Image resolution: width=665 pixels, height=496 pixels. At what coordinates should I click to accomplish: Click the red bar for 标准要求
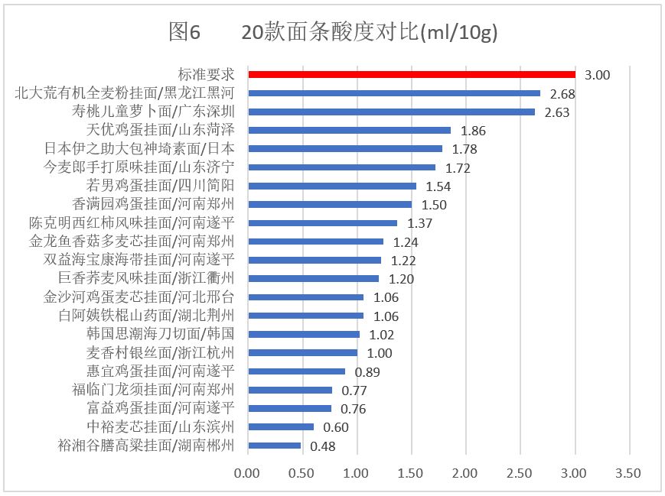click(x=412, y=74)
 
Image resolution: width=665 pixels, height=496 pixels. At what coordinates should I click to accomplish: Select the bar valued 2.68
click(x=394, y=93)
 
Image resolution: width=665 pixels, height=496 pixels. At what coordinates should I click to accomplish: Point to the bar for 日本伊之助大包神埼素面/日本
click(x=345, y=148)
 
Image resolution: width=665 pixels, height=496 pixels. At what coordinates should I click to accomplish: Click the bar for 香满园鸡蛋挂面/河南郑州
click(x=330, y=204)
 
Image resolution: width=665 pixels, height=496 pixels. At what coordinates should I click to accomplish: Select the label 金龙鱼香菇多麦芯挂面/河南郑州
click(x=132, y=242)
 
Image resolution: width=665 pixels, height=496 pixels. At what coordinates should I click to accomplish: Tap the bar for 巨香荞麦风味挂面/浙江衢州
click(x=313, y=279)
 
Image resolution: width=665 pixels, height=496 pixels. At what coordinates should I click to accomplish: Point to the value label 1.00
click(x=379, y=353)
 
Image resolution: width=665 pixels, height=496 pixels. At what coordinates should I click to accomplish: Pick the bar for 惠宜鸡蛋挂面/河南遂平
click(x=296, y=371)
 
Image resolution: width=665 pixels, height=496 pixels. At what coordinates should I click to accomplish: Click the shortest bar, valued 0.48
click(x=274, y=446)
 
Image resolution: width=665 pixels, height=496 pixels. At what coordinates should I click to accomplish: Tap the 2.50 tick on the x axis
click(x=520, y=474)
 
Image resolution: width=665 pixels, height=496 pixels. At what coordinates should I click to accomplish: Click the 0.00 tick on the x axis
click(x=248, y=474)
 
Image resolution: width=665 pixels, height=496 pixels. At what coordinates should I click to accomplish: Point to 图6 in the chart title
click(x=184, y=32)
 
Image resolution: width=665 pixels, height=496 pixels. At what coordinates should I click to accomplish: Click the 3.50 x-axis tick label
click(x=629, y=474)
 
